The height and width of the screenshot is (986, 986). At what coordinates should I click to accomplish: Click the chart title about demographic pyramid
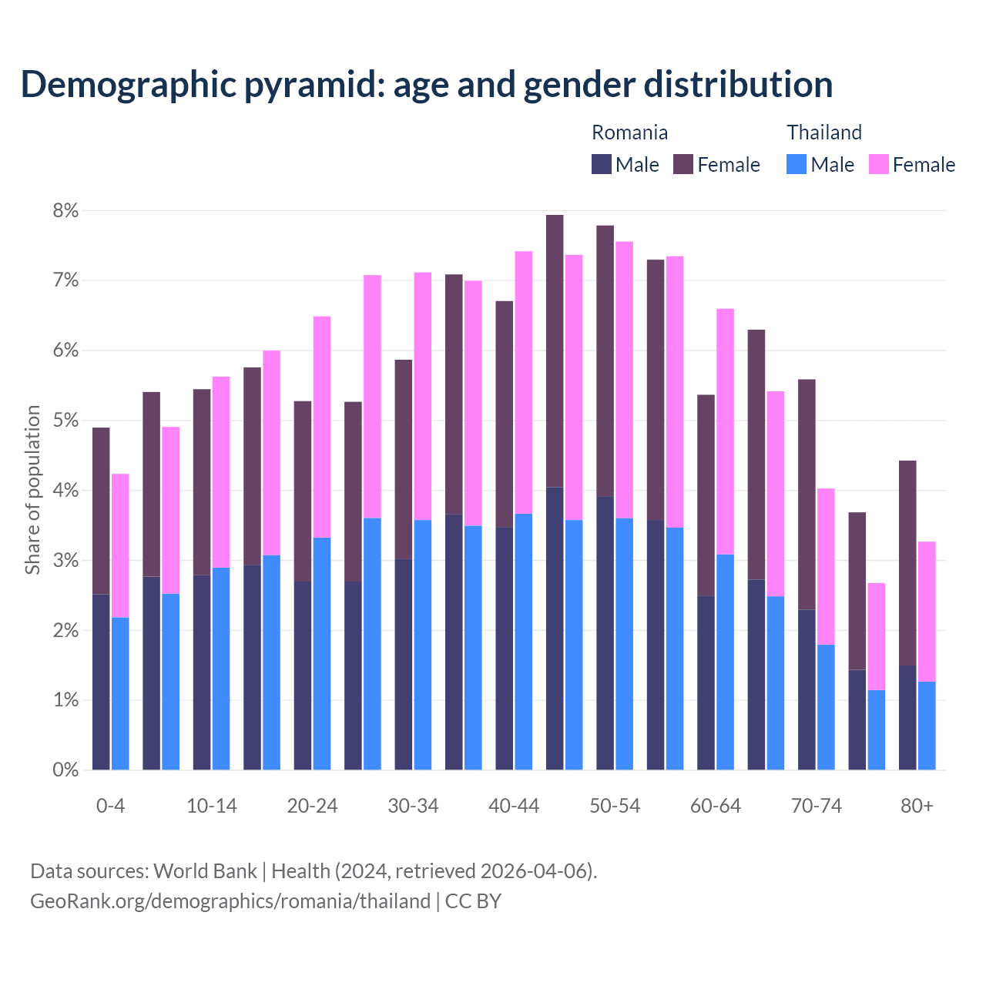click(x=427, y=85)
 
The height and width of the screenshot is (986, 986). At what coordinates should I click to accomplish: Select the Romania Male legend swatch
click(x=602, y=164)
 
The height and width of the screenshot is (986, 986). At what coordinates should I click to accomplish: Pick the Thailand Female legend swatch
click(x=878, y=164)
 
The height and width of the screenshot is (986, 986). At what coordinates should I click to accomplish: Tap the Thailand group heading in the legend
click(x=823, y=132)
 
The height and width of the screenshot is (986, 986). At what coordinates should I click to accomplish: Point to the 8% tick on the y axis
click(x=65, y=211)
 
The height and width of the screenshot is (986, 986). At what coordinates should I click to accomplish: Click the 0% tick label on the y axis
click(x=65, y=770)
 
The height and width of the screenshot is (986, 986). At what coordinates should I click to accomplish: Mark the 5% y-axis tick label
click(x=65, y=421)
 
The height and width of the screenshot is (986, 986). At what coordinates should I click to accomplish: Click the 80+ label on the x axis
click(x=917, y=807)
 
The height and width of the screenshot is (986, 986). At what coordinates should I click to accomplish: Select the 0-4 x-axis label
click(x=110, y=807)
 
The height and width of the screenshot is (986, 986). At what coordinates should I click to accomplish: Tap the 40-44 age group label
click(x=514, y=807)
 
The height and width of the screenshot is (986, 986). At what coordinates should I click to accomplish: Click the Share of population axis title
click(x=32, y=490)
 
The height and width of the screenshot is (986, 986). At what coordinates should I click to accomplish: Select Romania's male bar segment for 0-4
click(x=101, y=682)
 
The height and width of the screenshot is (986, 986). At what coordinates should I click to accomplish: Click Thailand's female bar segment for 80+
click(x=927, y=612)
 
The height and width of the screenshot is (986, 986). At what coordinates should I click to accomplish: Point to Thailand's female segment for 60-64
click(x=725, y=431)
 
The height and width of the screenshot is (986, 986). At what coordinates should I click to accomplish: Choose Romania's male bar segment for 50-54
click(x=605, y=633)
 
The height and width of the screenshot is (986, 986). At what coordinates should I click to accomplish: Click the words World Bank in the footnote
click(x=205, y=871)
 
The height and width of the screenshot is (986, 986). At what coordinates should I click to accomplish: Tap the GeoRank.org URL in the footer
click(x=230, y=901)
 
